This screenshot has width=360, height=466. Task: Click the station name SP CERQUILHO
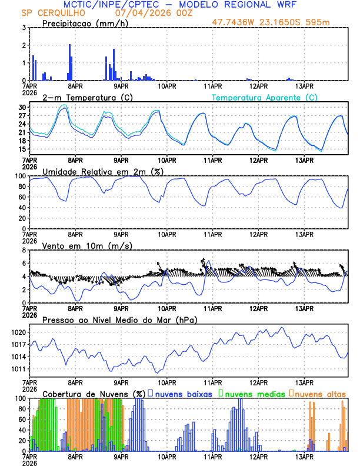52,13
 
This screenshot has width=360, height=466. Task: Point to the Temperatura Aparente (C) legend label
264,97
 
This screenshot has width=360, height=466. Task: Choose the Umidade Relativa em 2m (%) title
103,171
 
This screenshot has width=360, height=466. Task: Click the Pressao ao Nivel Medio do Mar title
119,319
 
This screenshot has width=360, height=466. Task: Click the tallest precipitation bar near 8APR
69,62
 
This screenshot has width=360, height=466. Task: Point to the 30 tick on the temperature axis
22,108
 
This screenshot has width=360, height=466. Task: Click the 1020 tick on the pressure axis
19,332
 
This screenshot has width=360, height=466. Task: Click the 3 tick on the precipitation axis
24,28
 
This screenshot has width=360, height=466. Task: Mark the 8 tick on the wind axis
24,250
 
